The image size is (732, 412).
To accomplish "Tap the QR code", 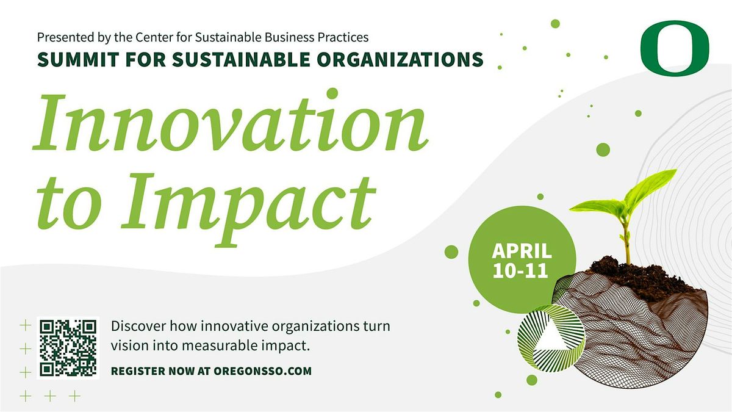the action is click(x=68, y=347).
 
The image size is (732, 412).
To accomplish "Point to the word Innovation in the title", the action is click(x=231, y=123).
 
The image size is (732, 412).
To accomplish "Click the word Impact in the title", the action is click(x=248, y=209).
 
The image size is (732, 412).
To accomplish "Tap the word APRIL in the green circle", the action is click(x=522, y=251).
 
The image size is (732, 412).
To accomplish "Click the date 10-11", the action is click(x=520, y=271).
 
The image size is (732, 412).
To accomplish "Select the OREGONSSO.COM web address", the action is click(x=263, y=371).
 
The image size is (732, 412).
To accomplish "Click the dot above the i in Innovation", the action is click(x=332, y=93).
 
